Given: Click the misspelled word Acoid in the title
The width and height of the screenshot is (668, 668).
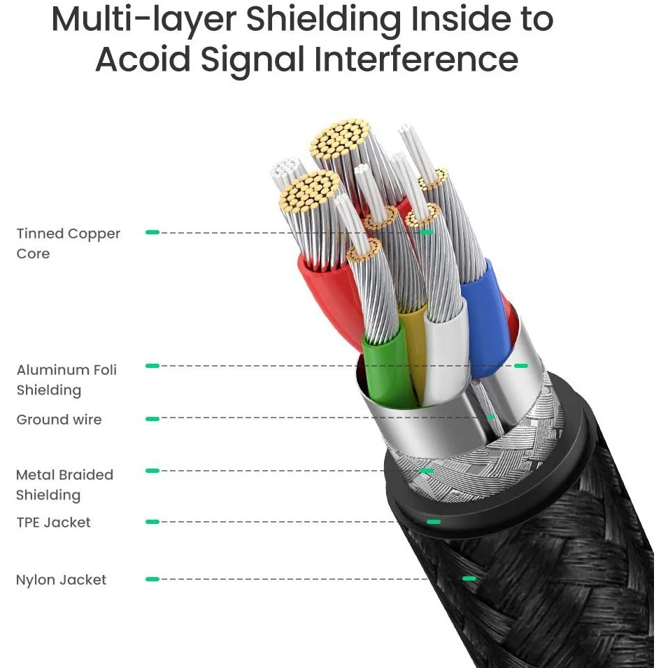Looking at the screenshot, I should point(142,59).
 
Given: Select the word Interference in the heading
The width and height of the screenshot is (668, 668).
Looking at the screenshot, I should point(416,59).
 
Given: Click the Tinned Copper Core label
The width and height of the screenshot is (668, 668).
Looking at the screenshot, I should point(68,243).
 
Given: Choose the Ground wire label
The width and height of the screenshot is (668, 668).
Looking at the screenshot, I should point(59,420).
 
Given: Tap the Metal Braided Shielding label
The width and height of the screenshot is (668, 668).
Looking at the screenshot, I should point(64,485).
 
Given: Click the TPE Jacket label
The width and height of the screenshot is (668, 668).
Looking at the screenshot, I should point(53,523).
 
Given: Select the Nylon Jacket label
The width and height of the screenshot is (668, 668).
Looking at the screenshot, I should point(61,580).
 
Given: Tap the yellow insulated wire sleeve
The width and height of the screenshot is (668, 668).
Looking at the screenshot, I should point(414,350).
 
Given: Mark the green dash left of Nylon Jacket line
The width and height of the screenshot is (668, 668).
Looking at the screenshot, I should point(152,579).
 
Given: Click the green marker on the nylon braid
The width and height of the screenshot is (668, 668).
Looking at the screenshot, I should point(469,578).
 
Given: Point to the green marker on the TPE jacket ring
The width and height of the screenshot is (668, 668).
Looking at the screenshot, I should point(434,522).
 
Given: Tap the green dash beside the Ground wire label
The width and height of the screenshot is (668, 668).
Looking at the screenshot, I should point(152,419).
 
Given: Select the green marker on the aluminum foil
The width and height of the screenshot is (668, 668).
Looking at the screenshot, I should point(520,365).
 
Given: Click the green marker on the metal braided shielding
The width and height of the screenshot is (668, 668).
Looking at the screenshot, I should point(425,471).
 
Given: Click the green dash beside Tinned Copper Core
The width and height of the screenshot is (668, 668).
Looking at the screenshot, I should point(152,232).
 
